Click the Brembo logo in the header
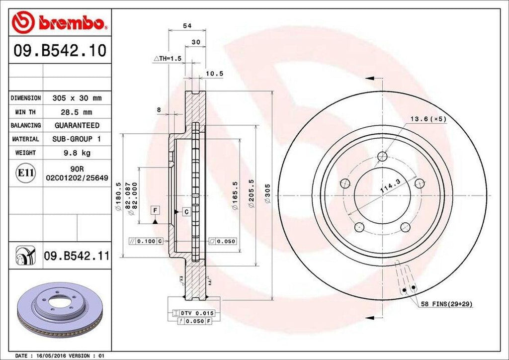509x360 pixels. tap(60, 22)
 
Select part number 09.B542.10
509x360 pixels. tap(60, 51)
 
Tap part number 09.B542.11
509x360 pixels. tap(77, 256)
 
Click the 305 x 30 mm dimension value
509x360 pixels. tap(77, 98)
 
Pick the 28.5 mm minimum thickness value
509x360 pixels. tap(77, 112)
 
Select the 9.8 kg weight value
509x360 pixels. tap(77, 153)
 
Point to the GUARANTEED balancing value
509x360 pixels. tap(77, 125)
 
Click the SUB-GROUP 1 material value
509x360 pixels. tap(77, 139)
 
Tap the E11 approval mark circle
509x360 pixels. tap(25, 173)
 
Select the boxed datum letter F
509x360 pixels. tap(156, 211)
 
